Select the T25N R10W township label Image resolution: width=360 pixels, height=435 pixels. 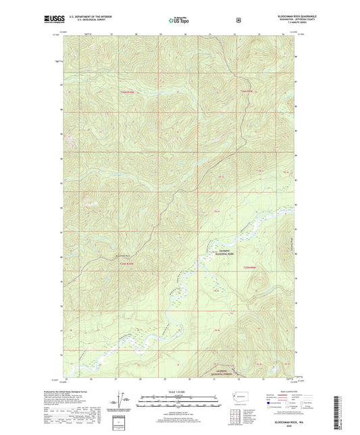pyautogui.click(x=128, y=93)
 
